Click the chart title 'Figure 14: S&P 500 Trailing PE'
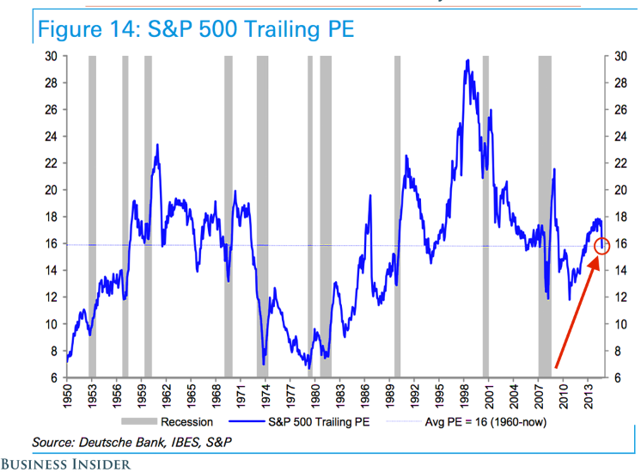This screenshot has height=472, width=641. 194,28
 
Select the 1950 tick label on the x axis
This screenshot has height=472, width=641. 67,391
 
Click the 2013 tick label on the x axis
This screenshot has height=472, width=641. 589,391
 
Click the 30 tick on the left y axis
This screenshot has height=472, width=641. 52,56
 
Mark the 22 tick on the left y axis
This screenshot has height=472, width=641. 52,163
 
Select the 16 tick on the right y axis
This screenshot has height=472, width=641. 620,243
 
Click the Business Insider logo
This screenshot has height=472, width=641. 66,464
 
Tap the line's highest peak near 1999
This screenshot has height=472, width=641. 467,60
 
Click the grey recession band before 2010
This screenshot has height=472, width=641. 545,215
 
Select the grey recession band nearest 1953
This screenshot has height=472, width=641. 92,215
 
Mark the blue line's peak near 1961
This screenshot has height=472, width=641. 157,145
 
